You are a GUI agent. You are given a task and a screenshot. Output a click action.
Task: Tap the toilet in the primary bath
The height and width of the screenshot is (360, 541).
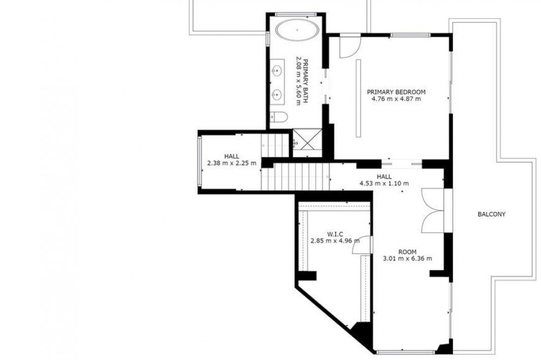tap(278, 117)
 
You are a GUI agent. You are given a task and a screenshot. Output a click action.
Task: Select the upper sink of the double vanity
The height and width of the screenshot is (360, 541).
tap(276, 71)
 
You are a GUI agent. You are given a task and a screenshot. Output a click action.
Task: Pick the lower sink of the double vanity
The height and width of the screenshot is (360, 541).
tap(276, 94)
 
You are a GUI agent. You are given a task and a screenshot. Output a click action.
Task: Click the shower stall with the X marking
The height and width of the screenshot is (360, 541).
tap(308, 139)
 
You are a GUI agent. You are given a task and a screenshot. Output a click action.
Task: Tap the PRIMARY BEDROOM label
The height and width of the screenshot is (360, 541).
tap(396, 92)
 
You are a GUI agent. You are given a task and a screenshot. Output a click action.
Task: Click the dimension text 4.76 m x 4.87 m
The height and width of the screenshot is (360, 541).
tap(396, 99)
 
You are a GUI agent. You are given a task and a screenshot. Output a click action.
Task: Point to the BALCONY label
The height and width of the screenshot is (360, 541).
tap(491, 214)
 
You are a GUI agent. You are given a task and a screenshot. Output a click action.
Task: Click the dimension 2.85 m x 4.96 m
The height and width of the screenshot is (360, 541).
tap(335, 241)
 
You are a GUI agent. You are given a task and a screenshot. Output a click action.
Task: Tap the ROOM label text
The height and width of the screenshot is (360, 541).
tap(407, 252)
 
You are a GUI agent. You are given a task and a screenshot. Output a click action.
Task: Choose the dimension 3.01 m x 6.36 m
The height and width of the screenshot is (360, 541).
tap(407, 258)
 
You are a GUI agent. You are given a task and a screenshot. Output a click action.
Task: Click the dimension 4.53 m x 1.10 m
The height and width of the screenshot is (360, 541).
tap(384, 183)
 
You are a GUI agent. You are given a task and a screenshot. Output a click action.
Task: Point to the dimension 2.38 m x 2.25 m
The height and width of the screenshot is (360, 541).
tap(232, 163)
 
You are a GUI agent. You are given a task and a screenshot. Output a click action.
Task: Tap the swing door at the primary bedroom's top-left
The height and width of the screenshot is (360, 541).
tap(349, 46)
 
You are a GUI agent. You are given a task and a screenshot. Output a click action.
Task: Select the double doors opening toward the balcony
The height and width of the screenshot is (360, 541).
tap(433, 210)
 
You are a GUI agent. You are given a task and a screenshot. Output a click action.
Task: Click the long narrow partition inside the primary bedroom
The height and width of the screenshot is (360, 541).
tap(359, 98)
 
